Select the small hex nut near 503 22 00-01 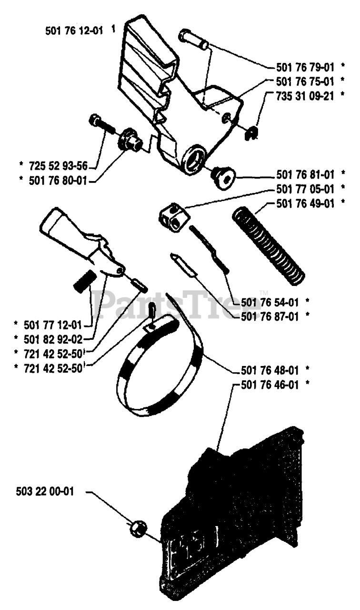pyautogui.click(x=137, y=528)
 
